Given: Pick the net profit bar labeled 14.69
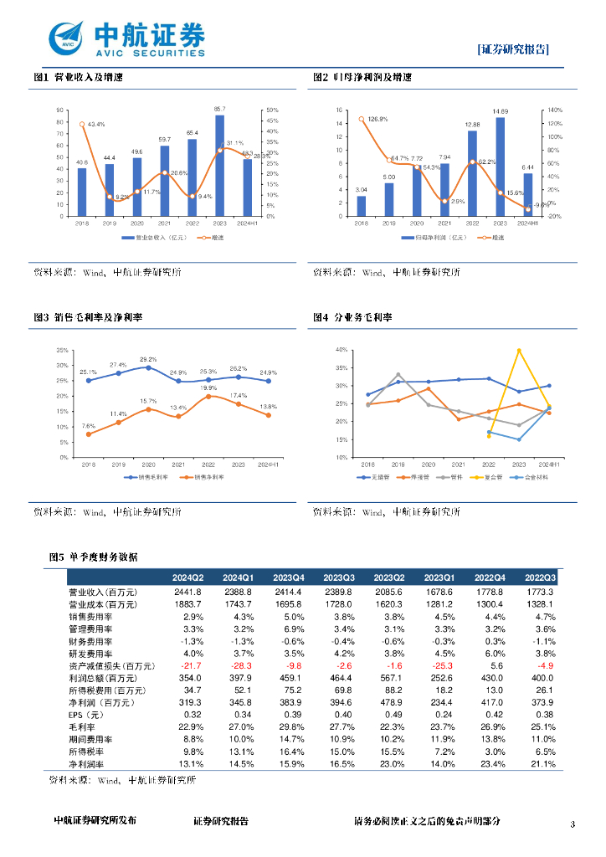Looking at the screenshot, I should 500,167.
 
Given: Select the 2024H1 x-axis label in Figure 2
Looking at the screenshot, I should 527,223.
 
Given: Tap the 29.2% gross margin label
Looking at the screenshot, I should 148,360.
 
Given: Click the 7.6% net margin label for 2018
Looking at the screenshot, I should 88,426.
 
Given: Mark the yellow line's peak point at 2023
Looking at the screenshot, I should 519,350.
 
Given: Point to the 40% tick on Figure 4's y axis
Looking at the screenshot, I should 341,349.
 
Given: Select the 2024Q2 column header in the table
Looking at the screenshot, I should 187,578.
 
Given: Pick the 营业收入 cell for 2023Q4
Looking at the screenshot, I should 288,593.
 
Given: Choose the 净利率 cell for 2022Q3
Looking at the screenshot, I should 540,765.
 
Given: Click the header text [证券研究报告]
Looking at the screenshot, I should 514,49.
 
